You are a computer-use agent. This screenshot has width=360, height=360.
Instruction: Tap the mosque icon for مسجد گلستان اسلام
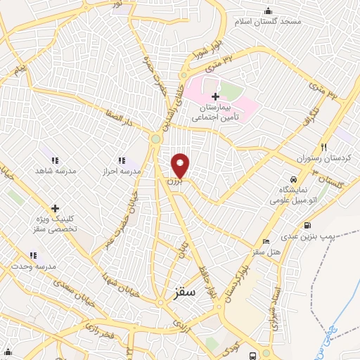[268, 11]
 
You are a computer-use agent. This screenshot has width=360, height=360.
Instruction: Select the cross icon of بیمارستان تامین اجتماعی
[216, 96]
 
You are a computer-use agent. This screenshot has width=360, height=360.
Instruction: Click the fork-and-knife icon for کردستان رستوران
[324, 148]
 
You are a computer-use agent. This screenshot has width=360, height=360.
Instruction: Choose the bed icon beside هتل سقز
[245, 251]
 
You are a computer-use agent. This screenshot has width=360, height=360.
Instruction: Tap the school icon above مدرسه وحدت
[32, 256]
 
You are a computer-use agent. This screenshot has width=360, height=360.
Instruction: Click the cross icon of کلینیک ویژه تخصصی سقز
[55, 207]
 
